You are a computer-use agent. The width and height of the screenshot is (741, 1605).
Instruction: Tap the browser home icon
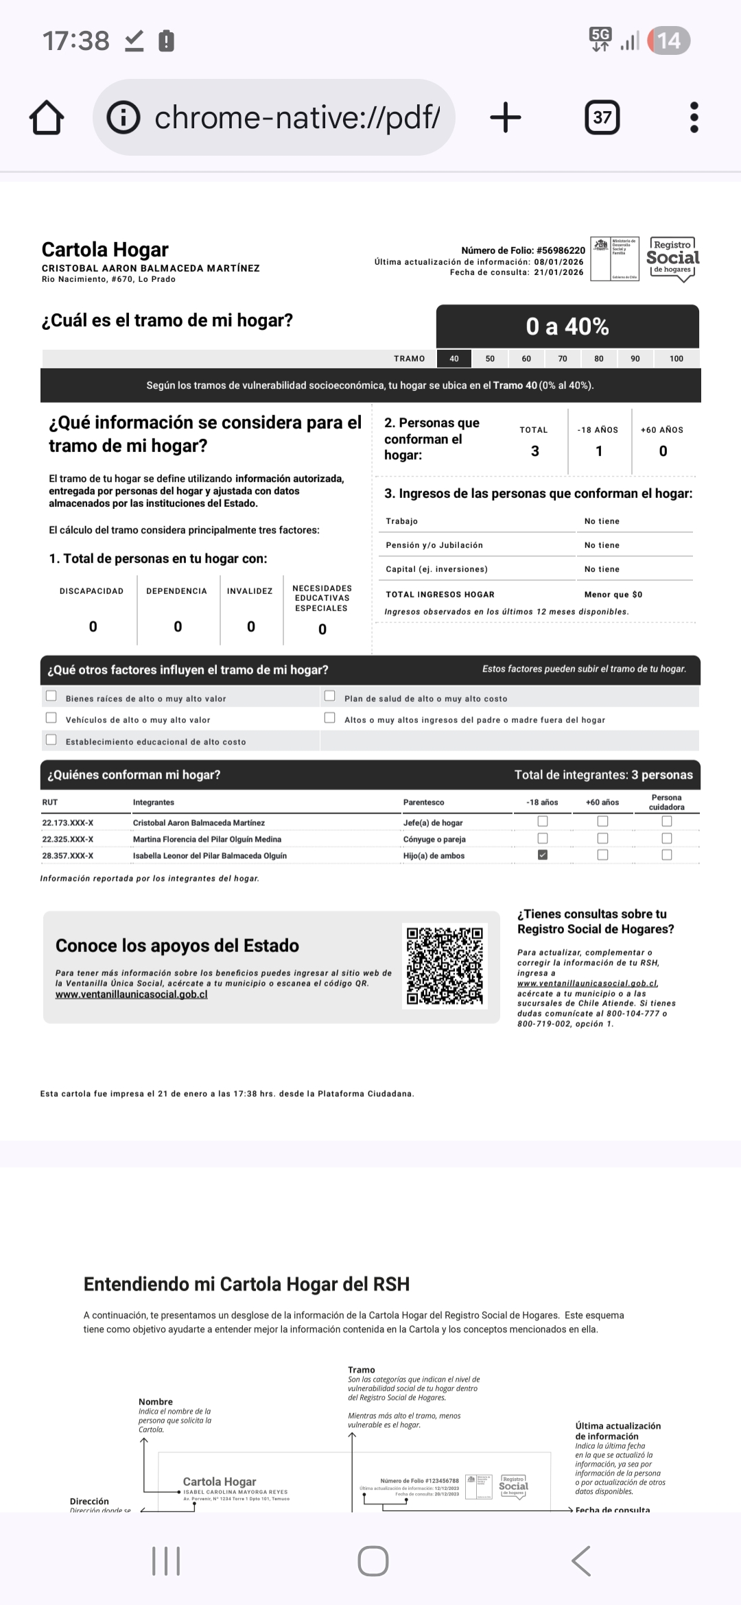tap(47, 118)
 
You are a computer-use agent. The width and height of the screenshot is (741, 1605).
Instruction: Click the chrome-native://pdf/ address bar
tap(274, 118)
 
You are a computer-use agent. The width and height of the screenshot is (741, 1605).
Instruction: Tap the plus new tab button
tap(506, 117)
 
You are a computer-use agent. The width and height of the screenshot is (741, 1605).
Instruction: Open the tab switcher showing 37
tap(602, 117)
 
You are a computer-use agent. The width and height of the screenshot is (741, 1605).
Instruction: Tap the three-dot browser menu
tap(694, 117)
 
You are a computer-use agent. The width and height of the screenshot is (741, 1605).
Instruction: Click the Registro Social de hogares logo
tap(672, 259)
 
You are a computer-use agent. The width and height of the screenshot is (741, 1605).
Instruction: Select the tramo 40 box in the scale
tap(454, 359)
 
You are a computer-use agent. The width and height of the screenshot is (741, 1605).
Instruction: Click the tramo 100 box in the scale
tap(676, 359)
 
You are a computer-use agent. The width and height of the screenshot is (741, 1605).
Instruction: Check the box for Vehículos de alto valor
tap(51, 717)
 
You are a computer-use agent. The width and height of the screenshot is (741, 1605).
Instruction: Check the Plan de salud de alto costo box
tap(330, 696)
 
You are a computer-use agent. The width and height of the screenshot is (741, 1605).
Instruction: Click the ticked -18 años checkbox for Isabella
tap(543, 855)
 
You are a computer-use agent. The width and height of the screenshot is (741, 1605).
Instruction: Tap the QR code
tap(445, 965)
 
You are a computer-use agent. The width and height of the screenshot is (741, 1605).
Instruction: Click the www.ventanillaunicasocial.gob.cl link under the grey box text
tap(131, 995)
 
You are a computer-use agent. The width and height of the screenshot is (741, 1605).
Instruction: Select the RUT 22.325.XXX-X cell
tap(68, 839)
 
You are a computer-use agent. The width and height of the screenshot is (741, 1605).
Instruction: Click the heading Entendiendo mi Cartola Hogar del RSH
tap(246, 1284)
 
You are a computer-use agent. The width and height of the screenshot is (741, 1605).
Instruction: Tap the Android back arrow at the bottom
tap(580, 1561)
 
